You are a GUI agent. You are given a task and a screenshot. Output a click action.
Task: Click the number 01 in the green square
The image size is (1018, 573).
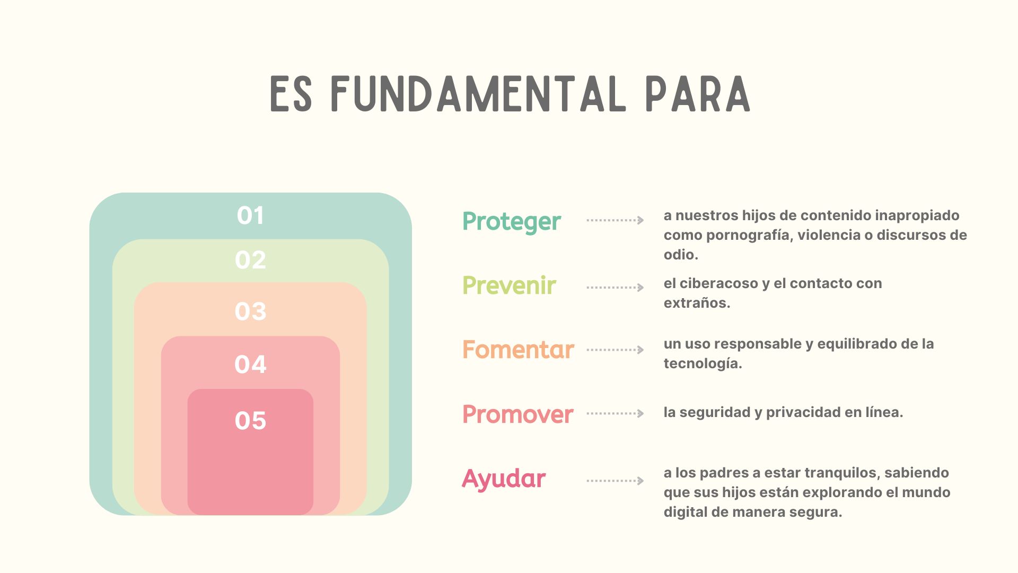tap(250, 215)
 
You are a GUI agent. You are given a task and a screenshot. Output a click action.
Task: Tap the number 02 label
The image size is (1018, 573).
tap(250, 260)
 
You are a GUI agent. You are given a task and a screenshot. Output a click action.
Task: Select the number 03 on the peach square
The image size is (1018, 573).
tap(250, 311)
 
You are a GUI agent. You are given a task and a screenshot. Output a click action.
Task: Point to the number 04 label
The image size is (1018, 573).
tap(250, 364)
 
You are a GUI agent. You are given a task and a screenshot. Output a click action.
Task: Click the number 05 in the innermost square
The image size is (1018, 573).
tap(250, 421)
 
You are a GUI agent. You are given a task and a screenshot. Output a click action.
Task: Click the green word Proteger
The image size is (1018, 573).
tap(512, 222)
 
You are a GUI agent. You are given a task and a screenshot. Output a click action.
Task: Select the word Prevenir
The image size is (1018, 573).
tap(509, 285)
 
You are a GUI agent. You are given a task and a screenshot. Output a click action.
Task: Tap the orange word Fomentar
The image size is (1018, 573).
tap(518, 350)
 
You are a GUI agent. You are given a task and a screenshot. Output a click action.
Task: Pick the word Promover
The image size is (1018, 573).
tap(517, 414)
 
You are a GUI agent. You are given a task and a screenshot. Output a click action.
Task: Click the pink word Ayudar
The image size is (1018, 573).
tap(504, 479)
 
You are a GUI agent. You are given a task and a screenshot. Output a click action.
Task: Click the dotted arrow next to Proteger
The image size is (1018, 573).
tap(615, 220)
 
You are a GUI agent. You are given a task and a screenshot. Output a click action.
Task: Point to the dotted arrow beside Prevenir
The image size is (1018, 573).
tap(615, 288)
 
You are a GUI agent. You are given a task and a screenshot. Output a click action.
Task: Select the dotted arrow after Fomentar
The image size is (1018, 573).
tap(615, 350)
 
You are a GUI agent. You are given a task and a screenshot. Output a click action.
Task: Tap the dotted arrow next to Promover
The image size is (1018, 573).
tap(615, 413)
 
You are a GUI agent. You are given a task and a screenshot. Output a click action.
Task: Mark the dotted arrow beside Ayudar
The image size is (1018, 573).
tap(615, 481)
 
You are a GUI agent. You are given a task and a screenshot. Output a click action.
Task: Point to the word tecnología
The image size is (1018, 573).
tap(703, 364)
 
